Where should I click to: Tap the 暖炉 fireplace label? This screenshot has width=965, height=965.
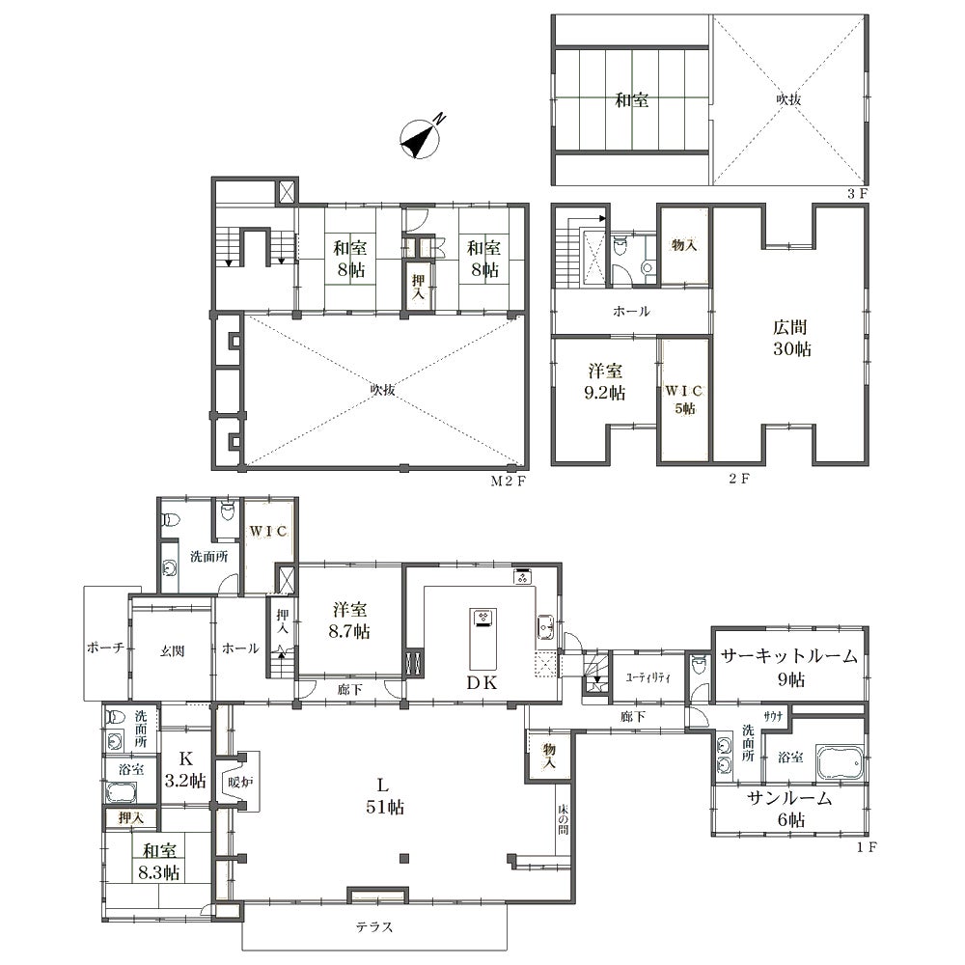pyautogui.click(x=240, y=783)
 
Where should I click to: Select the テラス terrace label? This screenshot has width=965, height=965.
pyautogui.click(x=374, y=926)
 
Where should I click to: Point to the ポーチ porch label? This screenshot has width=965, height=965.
pyautogui.click(x=106, y=648)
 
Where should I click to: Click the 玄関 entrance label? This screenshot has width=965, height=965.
pyautogui.click(x=173, y=650)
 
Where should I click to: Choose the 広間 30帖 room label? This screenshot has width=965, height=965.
pyautogui.click(x=791, y=338)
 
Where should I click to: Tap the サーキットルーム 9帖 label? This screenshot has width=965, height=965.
pyautogui.click(x=790, y=667)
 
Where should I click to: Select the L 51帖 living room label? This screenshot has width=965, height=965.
pyautogui.click(x=385, y=796)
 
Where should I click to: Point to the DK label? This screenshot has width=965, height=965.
pyautogui.click(x=481, y=682)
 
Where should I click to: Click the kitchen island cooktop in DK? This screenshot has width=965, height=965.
pyautogui.click(x=482, y=618)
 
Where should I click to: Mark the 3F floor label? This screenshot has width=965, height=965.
pyautogui.click(x=857, y=194)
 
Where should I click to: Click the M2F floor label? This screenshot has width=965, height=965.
pyautogui.click(x=508, y=482)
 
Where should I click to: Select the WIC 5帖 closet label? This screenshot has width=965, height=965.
pyautogui.click(x=684, y=400)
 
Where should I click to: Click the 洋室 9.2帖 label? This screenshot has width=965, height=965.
pyautogui.click(x=605, y=381)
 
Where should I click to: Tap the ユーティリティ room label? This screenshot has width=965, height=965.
pyautogui.click(x=648, y=677)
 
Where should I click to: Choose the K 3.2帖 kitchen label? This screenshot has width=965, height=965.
pyautogui.click(x=185, y=769)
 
